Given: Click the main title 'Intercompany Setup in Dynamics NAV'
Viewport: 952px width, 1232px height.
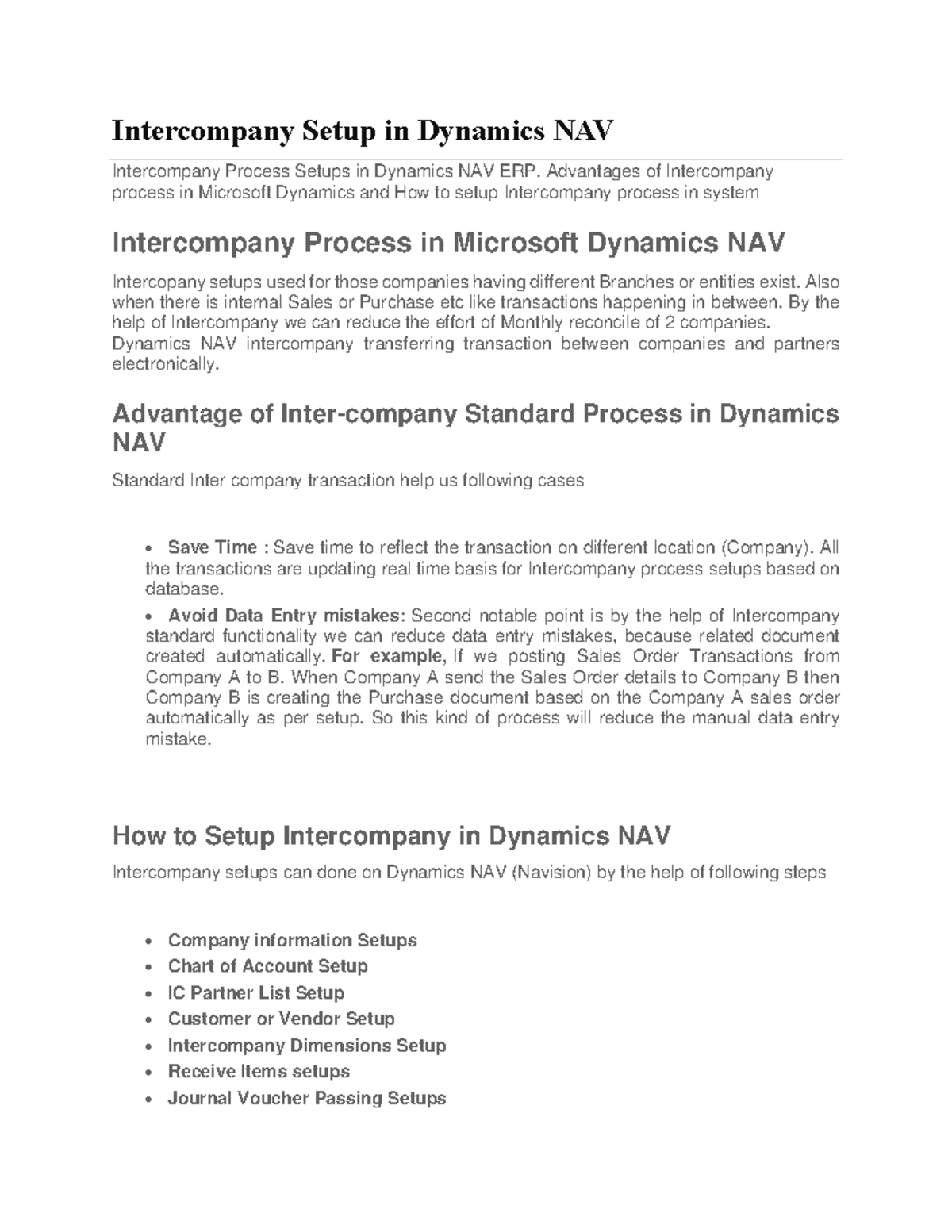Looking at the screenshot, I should coord(363,130).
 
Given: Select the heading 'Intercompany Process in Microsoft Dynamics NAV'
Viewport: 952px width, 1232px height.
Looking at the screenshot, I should coord(448,242).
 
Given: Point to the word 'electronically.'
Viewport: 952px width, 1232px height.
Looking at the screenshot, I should coord(164,365).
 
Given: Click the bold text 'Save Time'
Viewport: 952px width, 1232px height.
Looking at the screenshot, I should coord(212,547).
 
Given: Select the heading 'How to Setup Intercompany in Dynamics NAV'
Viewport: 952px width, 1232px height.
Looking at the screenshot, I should coord(391,835).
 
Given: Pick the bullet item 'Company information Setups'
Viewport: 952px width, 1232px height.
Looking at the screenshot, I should coord(292,940).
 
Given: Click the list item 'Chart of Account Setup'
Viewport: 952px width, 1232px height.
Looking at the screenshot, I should coord(267,966).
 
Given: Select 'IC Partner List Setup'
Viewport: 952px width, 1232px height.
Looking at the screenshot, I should coord(255,992).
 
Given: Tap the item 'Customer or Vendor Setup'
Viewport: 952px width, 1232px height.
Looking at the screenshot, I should coord(281,1019).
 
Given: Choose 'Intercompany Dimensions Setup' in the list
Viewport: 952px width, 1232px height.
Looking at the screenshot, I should coord(306,1046).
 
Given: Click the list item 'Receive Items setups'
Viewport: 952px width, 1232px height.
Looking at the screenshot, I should coord(259,1072).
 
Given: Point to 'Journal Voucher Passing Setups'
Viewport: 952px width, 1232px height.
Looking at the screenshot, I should coord(306,1099).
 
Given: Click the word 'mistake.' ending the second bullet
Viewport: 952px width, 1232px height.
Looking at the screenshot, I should coord(179,739).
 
